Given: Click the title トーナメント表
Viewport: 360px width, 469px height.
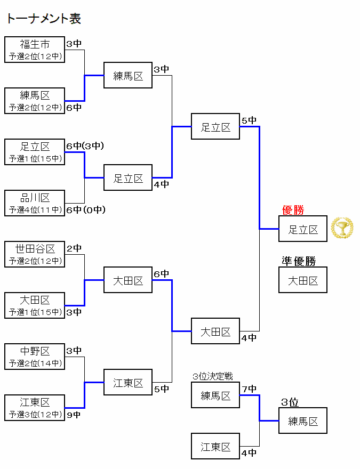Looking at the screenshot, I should click(44, 19).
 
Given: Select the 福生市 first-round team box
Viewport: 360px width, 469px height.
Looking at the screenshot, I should click(35, 50).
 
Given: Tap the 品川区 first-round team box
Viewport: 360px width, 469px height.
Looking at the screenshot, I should click(35, 203).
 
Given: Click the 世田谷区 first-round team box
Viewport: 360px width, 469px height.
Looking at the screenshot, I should click(35, 254).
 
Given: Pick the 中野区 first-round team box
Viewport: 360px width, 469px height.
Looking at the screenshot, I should click(35, 357).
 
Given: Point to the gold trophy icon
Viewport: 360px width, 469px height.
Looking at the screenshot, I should click(342, 228).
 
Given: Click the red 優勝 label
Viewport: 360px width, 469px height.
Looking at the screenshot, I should click(293, 211).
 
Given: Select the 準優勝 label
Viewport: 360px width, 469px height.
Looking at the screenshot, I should click(299, 261).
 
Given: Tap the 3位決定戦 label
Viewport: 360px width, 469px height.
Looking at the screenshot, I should click(213, 377).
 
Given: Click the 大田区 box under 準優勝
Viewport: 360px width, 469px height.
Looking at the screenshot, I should click(303, 280).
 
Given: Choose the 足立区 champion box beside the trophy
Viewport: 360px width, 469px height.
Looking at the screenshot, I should click(303, 229).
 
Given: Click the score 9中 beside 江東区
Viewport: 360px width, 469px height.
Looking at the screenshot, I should click(74, 414).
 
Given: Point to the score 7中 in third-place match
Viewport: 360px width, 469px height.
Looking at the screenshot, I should click(249, 389).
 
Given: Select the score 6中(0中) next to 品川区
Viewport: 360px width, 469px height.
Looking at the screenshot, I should click(85, 210).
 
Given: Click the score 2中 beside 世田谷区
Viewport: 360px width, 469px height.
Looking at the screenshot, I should click(74, 248).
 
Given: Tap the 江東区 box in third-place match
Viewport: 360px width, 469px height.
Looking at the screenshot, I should click(215, 447).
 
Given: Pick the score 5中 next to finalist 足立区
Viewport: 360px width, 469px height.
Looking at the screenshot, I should click(249, 120).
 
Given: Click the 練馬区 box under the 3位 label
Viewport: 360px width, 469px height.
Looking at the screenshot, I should click(303, 421).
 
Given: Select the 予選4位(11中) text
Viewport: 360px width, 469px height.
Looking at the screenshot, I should click(35, 210).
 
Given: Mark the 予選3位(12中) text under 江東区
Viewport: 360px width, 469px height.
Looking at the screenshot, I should click(35, 415).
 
